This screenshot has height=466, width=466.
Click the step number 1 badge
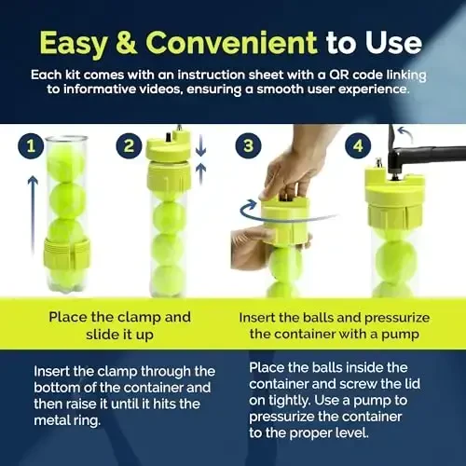(31, 146)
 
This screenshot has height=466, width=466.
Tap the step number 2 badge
(130, 146)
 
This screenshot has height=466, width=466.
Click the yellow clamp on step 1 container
(66, 253)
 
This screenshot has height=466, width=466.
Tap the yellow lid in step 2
(168, 168)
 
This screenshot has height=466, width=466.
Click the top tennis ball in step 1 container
(66, 161)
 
